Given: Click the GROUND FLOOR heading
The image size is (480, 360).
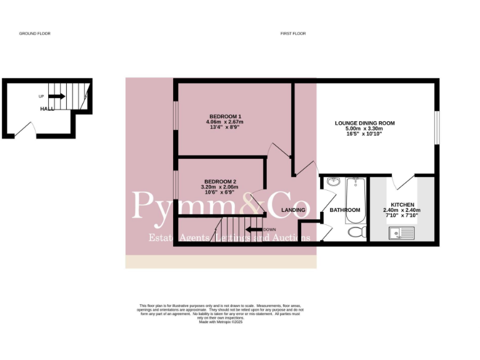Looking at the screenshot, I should tap(34, 33).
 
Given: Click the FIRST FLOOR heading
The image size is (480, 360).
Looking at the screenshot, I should tap(292, 33).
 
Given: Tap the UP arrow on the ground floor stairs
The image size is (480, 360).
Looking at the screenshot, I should tap(56, 96).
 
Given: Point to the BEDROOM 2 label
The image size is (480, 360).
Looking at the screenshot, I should tap(219, 182).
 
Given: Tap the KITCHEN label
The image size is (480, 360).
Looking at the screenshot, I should tap(402, 204).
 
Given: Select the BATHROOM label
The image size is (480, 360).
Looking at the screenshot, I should tap(345, 210).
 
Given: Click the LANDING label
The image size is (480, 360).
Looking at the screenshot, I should tap(293, 210).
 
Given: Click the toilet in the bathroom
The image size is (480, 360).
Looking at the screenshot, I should tap(357, 232).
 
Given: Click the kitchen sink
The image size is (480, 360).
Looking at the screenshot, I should tap(399, 234).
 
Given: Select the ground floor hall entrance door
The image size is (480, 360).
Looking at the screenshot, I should tap(24, 129).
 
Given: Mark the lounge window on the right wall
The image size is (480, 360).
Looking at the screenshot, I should tap(437, 129).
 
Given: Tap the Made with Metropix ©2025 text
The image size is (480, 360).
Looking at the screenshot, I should tap(220, 322).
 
